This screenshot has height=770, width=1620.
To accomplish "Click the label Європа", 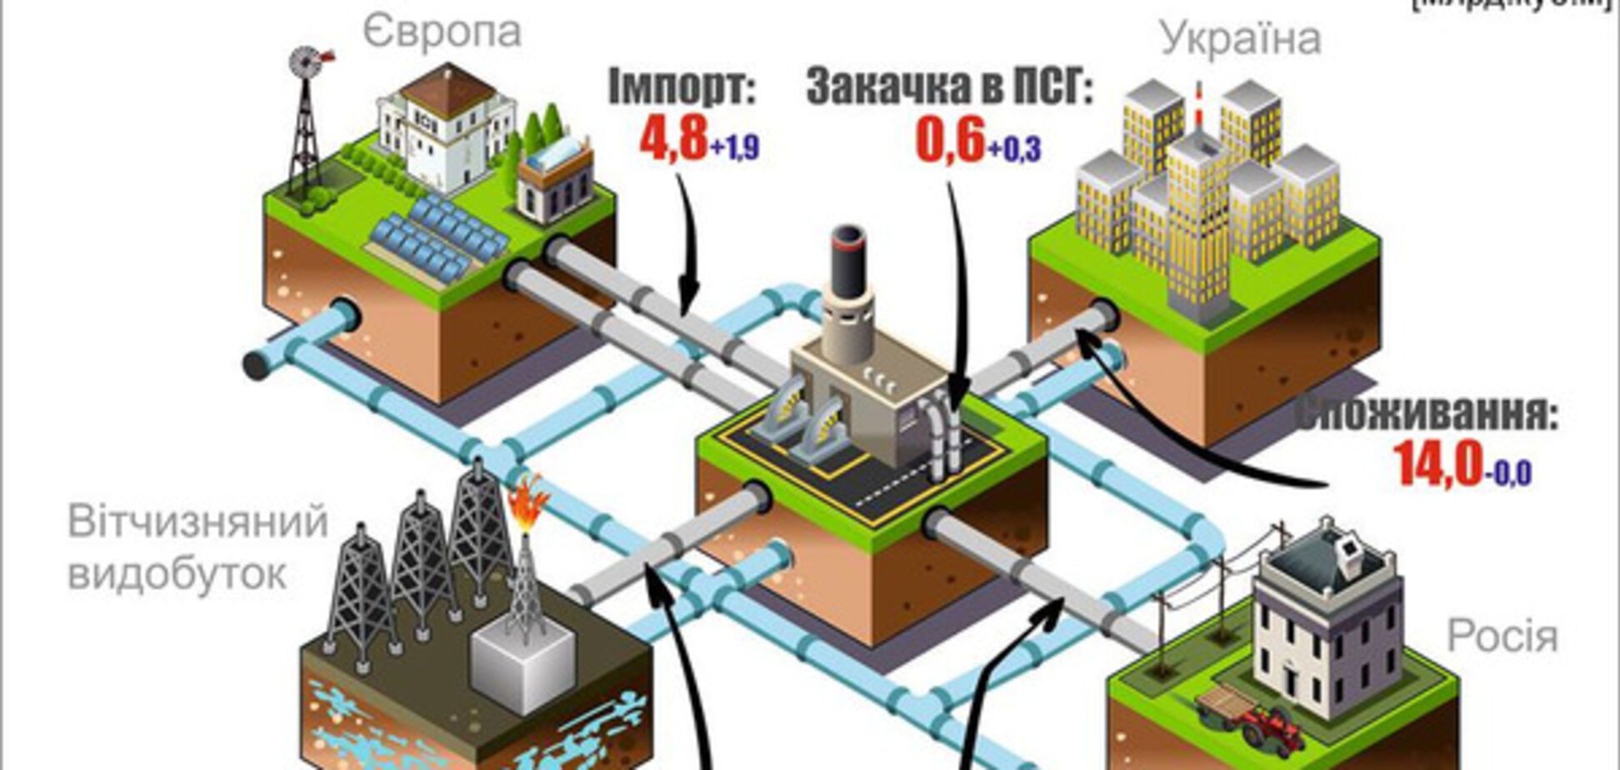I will [442, 32].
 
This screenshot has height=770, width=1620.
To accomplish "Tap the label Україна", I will [1240, 38].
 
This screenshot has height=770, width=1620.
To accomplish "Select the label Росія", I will [1502, 636].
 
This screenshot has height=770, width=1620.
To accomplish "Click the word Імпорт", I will [681, 87].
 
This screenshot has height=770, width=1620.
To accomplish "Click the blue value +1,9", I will [735, 148].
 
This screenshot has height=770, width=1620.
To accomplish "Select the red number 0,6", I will [951, 140].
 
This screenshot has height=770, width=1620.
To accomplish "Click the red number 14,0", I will [1438, 464].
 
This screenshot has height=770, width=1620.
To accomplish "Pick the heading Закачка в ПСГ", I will [948, 88].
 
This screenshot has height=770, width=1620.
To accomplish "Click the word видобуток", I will [177, 573].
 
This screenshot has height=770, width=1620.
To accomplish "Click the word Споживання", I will [1425, 414].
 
